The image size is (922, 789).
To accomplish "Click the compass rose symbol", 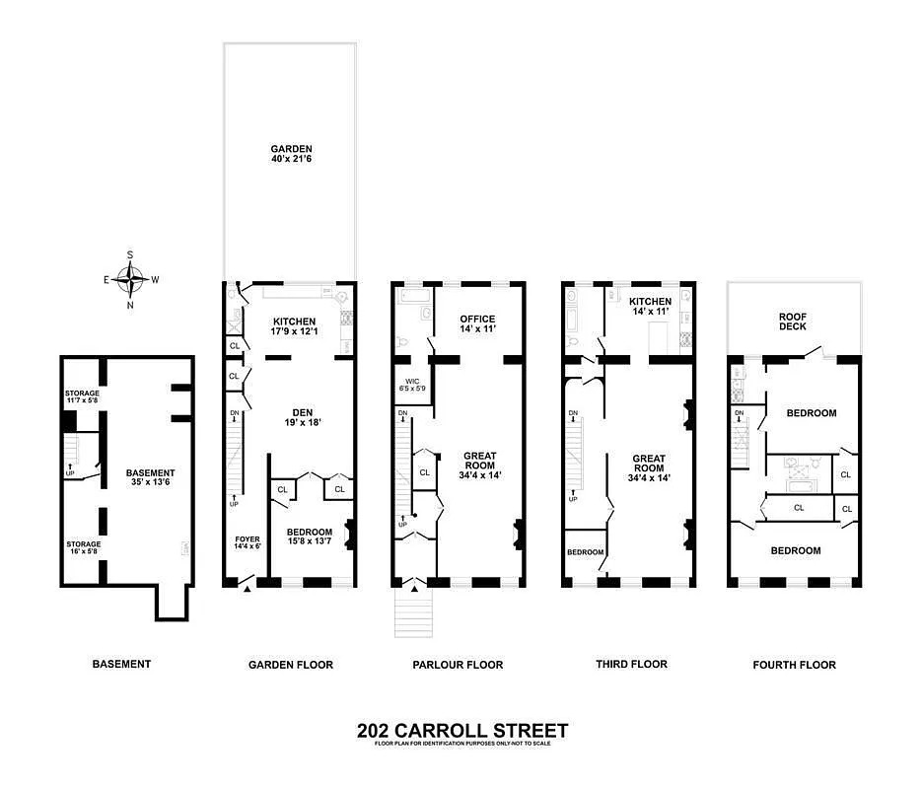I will point(130,279).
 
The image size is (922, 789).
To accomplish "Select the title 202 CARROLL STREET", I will point(461,731).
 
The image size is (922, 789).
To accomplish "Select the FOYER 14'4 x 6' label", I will point(247,542).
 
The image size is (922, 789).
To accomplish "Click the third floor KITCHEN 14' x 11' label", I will point(651,307).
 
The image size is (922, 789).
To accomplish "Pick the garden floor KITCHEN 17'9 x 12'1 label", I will point(295,327).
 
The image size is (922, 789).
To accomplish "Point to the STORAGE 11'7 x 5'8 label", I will point(83,397).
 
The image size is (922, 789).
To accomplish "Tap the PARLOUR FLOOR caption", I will point(458,665).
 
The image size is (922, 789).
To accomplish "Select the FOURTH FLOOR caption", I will point(794,665).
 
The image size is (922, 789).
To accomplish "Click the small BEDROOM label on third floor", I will point(585,552).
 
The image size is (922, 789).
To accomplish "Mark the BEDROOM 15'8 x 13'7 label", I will point(309,538).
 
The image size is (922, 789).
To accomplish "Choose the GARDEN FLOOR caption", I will point(290,665).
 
